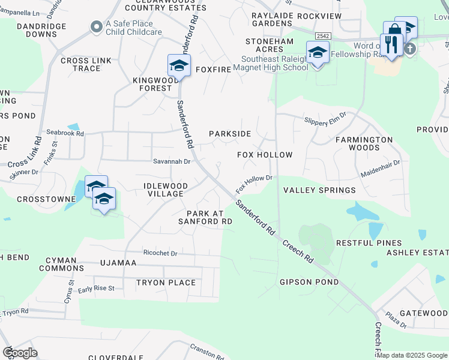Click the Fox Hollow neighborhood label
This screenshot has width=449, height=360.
click(265, 155)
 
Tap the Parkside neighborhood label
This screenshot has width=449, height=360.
click(229, 134)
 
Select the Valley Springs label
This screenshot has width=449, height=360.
click(319, 190)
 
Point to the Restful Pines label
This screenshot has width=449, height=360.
click(369, 243)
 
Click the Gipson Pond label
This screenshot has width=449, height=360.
click(309, 282)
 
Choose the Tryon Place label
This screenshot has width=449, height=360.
click(166, 283)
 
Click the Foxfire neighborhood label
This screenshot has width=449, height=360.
click(212, 70)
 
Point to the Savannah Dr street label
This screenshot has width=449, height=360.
click(172, 161)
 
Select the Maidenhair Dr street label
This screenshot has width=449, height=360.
click(380, 167)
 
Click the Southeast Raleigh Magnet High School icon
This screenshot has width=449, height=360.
click(318, 52)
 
